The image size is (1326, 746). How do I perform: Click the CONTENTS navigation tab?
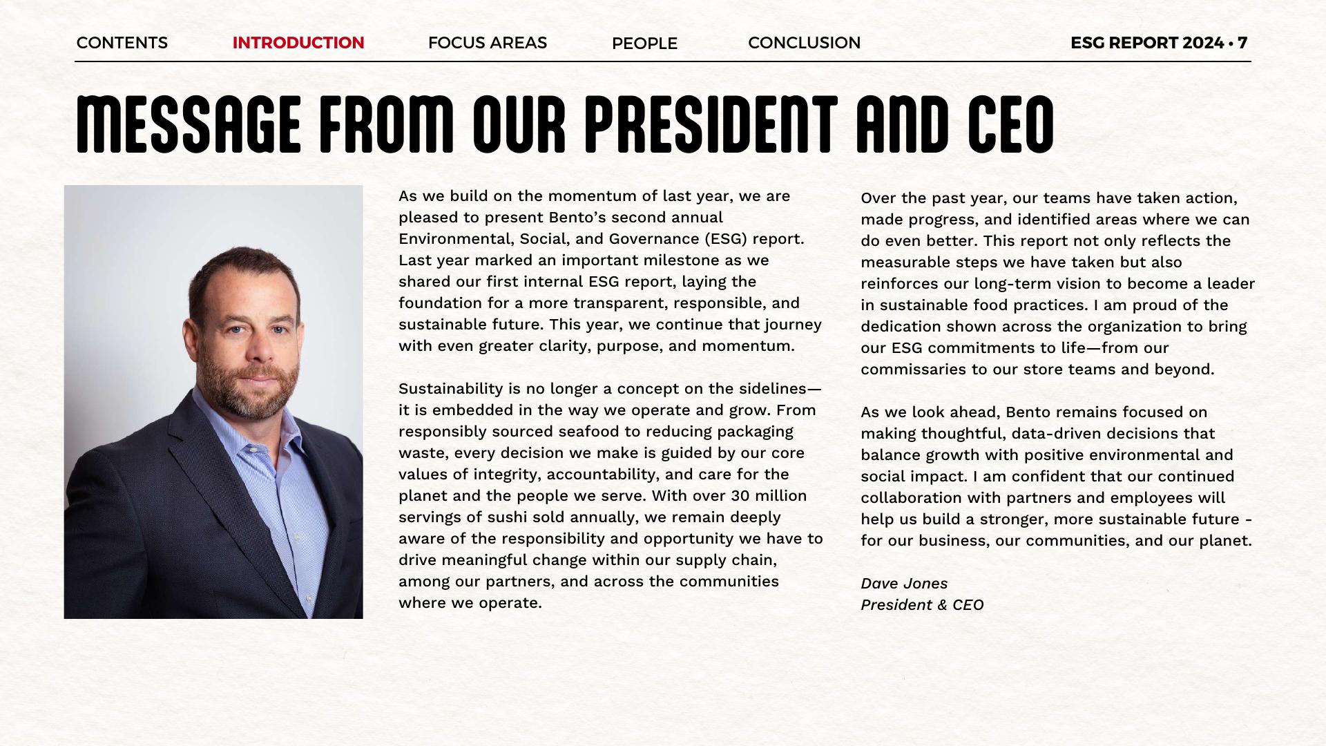pyautogui.click(x=122, y=43)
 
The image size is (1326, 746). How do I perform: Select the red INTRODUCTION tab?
pyautogui.click(x=298, y=43)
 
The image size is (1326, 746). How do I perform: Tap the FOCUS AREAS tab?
pyautogui.click(x=487, y=43)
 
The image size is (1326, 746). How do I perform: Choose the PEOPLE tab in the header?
pyautogui.click(x=644, y=44)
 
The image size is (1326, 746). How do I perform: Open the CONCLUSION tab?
pyautogui.click(x=804, y=43)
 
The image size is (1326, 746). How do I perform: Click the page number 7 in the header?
pyautogui.click(x=1242, y=43)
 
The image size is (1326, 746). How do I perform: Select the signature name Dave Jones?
pyautogui.click(x=904, y=584)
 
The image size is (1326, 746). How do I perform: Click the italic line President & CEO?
pyautogui.click(x=922, y=605)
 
